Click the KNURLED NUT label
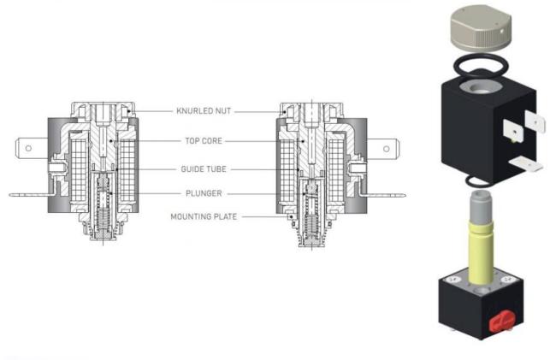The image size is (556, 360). [204, 111]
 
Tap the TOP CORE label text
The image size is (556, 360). [204, 141]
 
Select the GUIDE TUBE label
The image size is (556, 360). [204, 169]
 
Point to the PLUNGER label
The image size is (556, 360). [204, 193]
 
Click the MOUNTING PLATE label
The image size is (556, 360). [204, 216]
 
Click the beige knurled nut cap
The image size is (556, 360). [481, 27]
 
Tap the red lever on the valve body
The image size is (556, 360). [501, 320]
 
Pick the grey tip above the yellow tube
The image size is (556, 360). [481, 207]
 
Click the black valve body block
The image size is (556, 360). [481, 305]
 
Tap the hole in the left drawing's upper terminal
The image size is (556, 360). [28, 148]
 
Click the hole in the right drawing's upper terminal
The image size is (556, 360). [386, 149]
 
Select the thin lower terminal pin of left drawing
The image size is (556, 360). [31, 194]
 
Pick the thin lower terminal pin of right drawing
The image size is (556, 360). [384, 195]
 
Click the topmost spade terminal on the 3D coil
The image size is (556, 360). [535, 121]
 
